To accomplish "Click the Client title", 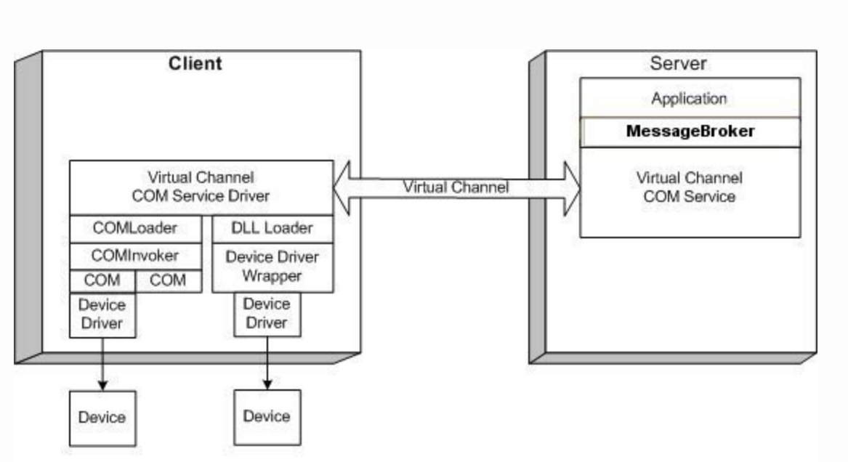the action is (x=195, y=63).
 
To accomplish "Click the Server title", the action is (x=678, y=63).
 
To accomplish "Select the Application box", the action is (x=690, y=98).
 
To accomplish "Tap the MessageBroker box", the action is (x=690, y=132).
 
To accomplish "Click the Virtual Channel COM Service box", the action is (x=690, y=192).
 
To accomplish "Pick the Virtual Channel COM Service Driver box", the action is (x=201, y=187).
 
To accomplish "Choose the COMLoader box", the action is (x=135, y=229).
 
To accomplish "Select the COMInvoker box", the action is (x=135, y=256).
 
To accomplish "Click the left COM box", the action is (x=102, y=281).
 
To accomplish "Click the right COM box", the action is (x=168, y=281).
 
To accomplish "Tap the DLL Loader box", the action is (x=272, y=229).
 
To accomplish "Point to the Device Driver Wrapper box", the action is (x=272, y=267).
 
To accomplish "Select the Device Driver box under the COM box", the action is (x=102, y=315).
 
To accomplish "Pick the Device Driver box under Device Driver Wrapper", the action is (x=267, y=315).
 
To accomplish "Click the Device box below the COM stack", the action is (x=102, y=418).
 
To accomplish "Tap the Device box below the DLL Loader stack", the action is (x=267, y=417).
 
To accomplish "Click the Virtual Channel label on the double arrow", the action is (x=456, y=187).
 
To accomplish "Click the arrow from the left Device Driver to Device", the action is (x=102, y=365).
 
